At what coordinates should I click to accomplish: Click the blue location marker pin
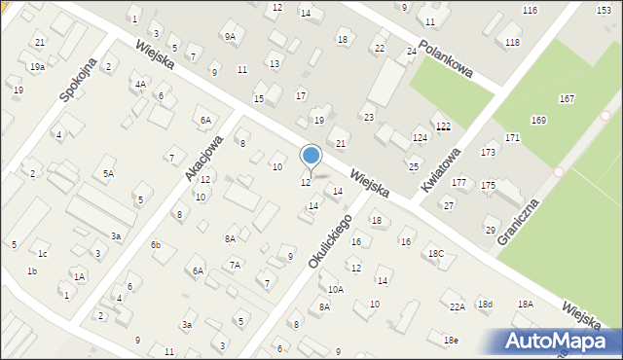point(311,157)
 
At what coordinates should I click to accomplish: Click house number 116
point(530,10)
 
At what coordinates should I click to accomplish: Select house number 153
point(604,9)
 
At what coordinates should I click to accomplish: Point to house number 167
point(567,99)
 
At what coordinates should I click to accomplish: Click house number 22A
point(457,306)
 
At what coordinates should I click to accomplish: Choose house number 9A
point(230,37)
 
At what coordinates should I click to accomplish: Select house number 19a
point(37,66)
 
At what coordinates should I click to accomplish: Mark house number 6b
point(155,245)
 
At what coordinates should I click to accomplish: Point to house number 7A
point(235,265)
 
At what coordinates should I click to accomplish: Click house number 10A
point(336,289)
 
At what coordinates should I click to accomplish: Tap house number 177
point(458,183)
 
